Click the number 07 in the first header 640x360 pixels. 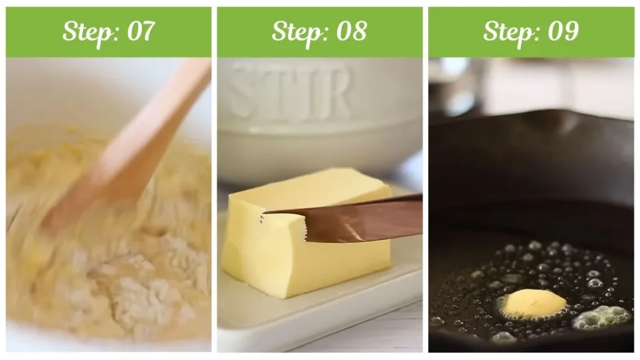pyautogui.click(x=141, y=31)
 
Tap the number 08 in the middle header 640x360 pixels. pyautogui.click(x=351, y=31)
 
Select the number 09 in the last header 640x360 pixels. pyautogui.click(x=562, y=31)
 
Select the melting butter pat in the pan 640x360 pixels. pyautogui.click(x=533, y=303)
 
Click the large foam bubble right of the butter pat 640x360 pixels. pyautogui.click(x=600, y=316)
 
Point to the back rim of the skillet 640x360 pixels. pyautogui.click(x=531, y=119)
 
